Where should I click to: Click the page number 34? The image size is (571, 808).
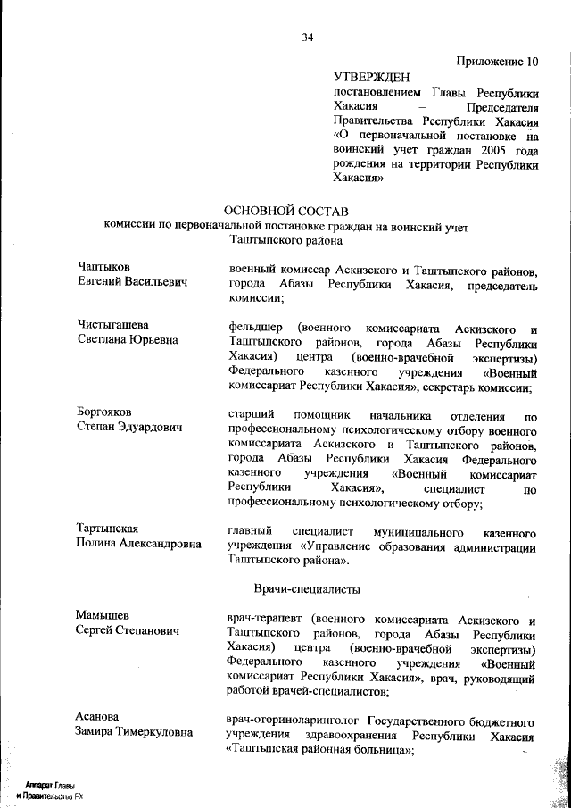[308, 37]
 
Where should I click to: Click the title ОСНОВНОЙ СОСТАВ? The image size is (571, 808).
[285, 210]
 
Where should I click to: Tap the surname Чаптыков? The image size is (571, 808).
[103, 267]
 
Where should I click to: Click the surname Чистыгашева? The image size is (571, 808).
[112, 325]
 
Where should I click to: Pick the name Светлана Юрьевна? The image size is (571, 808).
[128, 340]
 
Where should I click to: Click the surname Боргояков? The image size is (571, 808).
[104, 412]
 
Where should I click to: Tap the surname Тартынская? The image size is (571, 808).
[110, 529]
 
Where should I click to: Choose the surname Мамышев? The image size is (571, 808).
[103, 616]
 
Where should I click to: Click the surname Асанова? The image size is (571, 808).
[98, 718]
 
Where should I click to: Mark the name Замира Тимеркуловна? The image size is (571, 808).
[135, 733]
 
